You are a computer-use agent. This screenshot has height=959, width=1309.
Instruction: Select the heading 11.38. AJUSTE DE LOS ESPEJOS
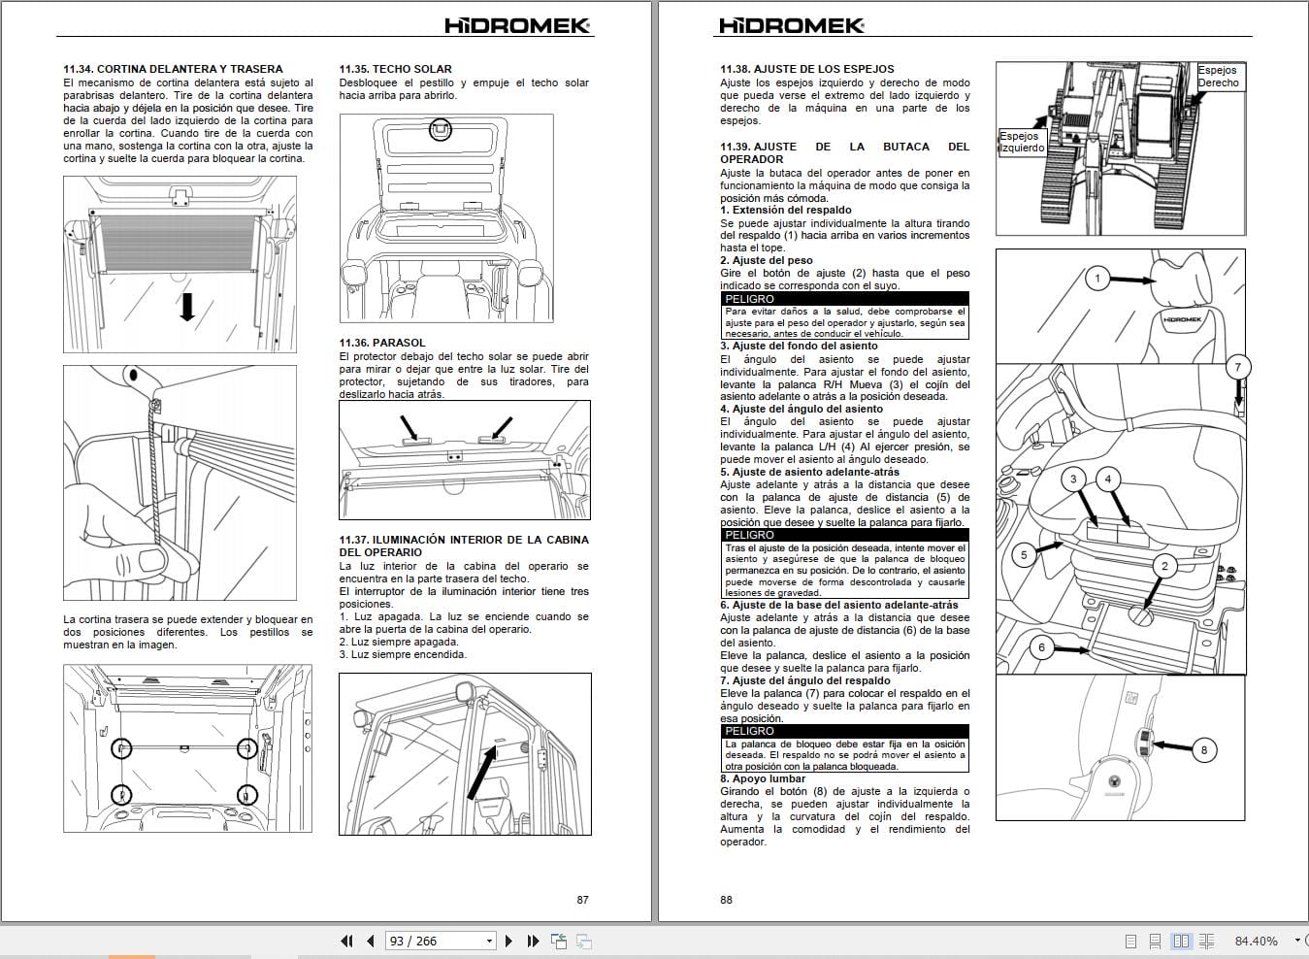pyautogui.click(x=806, y=69)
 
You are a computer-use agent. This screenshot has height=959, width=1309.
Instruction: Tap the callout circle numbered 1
pyautogui.click(x=1097, y=279)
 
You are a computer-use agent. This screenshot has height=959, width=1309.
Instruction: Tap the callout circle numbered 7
pyautogui.click(x=1237, y=368)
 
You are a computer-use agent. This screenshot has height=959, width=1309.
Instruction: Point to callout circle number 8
pyautogui.click(x=1204, y=749)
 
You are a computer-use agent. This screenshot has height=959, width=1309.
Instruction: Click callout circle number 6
pyautogui.click(x=1041, y=647)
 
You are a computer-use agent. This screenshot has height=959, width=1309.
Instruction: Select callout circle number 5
pyautogui.click(x=1024, y=555)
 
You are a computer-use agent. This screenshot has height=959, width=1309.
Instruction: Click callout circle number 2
pyautogui.click(x=1164, y=566)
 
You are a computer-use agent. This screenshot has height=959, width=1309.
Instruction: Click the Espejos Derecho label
pyautogui.click(x=1217, y=77)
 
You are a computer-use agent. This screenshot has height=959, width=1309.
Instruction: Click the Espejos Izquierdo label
pyautogui.click(x=1021, y=143)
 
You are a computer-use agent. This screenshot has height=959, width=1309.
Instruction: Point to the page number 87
pyautogui.click(x=582, y=900)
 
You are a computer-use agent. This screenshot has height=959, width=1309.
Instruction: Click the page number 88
pyautogui.click(x=726, y=900)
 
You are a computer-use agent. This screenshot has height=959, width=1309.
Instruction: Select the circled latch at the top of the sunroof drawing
pyautogui.click(x=441, y=129)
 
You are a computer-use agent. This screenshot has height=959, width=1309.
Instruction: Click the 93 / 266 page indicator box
pyautogui.click(x=439, y=941)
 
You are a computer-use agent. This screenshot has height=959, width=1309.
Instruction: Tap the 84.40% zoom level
pyautogui.click(x=1256, y=941)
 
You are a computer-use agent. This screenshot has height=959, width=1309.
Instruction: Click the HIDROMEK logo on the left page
pyautogui.click(x=517, y=26)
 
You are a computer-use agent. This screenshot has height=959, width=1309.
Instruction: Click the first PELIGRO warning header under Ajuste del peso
pyautogui.click(x=749, y=299)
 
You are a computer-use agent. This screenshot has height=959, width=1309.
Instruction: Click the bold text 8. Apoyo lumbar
pyautogui.click(x=763, y=778)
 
